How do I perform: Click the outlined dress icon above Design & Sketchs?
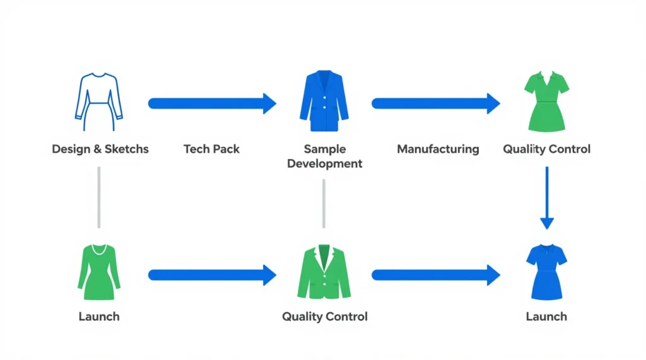tap(99, 98)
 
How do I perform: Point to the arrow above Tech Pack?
tap(212, 103)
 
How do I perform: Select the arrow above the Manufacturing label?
tap(435, 103)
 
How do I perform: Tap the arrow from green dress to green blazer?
tap(212, 274)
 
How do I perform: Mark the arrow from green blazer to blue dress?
tap(435, 274)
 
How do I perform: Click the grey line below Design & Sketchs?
tap(99, 197)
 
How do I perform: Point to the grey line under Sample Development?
tap(324, 203)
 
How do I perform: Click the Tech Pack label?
tap(212, 149)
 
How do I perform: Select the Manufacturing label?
tap(438, 149)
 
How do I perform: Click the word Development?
tap(324, 164)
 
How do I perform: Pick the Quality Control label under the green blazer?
tap(324, 316)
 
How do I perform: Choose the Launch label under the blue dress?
tap(546, 316)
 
